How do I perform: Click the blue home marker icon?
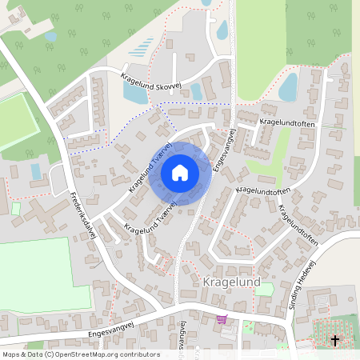180,172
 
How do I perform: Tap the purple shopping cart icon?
221,319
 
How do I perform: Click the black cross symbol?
334,340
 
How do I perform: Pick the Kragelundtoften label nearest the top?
289,122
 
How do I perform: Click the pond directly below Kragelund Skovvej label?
134,94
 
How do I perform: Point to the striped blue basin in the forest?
141,47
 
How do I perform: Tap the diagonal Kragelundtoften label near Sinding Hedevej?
299,225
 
